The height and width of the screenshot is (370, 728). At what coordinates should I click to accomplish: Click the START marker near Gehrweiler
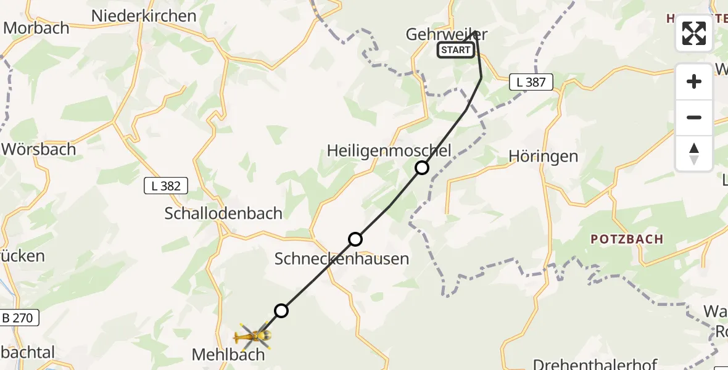pos(456,51)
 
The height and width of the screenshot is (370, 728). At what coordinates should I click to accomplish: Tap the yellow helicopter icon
pos(254,336)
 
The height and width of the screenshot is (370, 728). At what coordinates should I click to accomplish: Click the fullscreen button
pos(694,33)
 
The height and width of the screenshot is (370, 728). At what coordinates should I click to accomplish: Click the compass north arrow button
pos(694,154)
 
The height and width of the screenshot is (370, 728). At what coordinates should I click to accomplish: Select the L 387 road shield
pos(531,82)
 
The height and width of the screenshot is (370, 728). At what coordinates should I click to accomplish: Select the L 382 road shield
pos(166,186)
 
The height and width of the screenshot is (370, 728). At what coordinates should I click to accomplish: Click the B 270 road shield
pos(20,318)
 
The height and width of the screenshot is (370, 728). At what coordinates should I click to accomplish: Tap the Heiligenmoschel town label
pos(389,150)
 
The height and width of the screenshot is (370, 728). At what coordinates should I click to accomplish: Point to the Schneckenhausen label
pos(342,259)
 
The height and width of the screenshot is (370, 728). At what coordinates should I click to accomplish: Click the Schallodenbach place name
pos(223,213)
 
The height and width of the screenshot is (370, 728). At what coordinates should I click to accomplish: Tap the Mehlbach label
pos(228,355)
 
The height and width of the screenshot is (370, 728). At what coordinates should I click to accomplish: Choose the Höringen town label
pos(544,157)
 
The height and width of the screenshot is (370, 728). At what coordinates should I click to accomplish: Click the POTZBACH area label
pos(627,239)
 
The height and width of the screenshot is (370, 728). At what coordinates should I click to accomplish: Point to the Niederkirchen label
pos(144,16)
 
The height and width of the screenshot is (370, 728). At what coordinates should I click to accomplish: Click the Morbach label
pos(36,28)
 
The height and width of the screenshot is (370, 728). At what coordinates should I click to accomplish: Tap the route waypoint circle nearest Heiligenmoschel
pos(421,168)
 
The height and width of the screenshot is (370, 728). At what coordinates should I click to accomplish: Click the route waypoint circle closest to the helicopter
pos(281,311)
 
